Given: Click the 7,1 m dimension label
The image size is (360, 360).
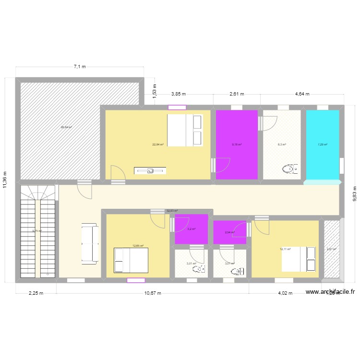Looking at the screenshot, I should pyautogui.click(x=80, y=67).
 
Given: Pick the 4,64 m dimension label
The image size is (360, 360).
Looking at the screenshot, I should pyautogui.click(x=302, y=94).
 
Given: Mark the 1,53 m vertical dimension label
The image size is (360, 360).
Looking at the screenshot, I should pyautogui.click(x=155, y=92).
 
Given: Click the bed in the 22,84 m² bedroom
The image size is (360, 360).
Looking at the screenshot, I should pyautogui.click(x=185, y=130).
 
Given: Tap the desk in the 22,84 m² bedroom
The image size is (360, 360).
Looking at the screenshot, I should pyautogui.click(x=150, y=170).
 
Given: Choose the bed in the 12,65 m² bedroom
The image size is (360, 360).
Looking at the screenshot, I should pyautogui.click(x=131, y=260).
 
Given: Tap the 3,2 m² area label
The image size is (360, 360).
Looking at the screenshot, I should pyautogui.click(x=192, y=229).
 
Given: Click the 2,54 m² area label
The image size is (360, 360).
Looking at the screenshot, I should pyautogui.click(x=229, y=233).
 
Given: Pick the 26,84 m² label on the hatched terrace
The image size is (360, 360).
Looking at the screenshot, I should pyautogui.click(x=66, y=127).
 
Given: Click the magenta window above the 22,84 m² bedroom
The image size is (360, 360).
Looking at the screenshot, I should pyautogui.click(x=177, y=108).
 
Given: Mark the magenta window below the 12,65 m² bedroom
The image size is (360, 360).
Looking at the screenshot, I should pyautogui.click(x=136, y=280).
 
